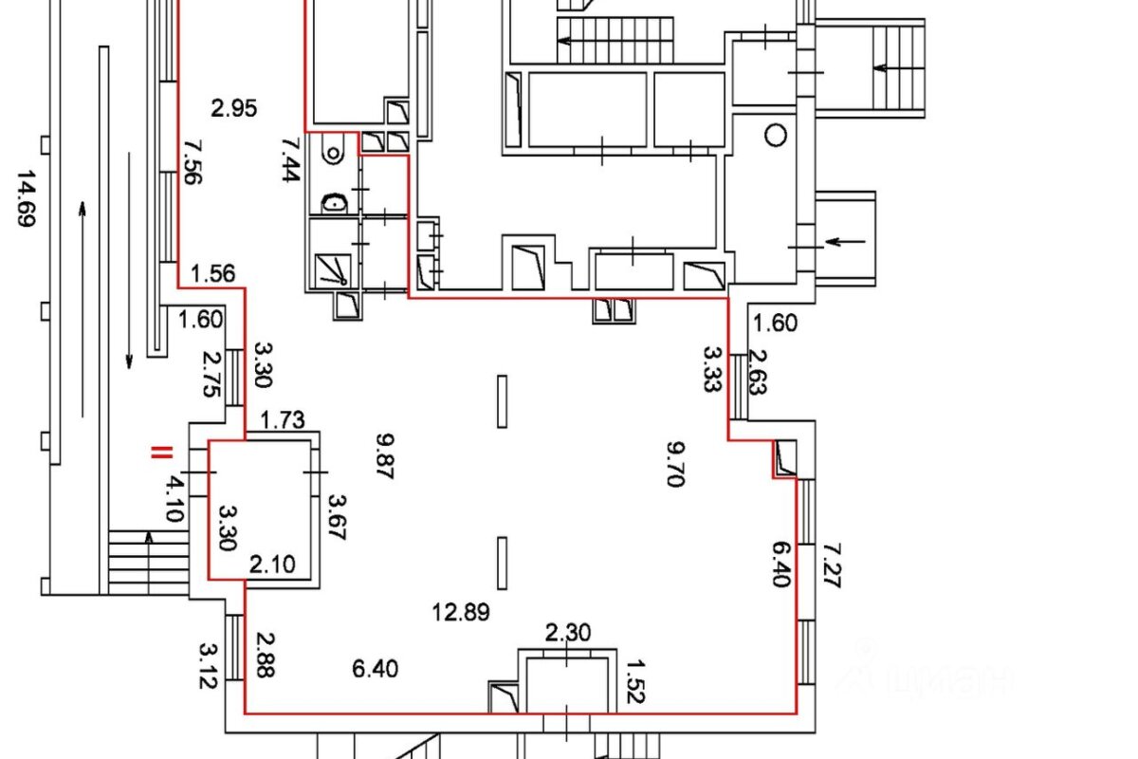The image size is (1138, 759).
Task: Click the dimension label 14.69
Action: [x=26, y=198]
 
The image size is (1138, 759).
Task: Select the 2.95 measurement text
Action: [x=233, y=108]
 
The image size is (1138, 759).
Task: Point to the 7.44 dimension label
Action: [x=291, y=159]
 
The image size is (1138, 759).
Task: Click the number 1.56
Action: [x=212, y=273]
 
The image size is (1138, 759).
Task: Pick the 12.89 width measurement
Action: [x=461, y=612]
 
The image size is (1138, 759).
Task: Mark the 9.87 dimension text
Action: [x=385, y=455]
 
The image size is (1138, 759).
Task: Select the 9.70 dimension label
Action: [x=675, y=464]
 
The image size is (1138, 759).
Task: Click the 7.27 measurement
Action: [x=832, y=565]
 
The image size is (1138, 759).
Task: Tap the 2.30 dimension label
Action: [x=568, y=633]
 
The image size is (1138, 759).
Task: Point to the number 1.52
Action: [x=635, y=682]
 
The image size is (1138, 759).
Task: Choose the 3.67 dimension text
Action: [x=337, y=517]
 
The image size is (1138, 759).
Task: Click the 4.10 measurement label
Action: [x=174, y=499]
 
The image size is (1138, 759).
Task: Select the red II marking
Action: [x=161, y=453]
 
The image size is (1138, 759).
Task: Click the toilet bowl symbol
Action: [x=333, y=152]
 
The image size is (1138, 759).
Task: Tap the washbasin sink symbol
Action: [x=335, y=203]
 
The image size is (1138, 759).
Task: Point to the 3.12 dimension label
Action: [x=209, y=666]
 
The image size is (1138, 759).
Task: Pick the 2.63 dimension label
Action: [x=757, y=372]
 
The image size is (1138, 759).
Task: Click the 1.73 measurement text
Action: [x=283, y=420]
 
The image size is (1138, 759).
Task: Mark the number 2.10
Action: [x=272, y=565]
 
